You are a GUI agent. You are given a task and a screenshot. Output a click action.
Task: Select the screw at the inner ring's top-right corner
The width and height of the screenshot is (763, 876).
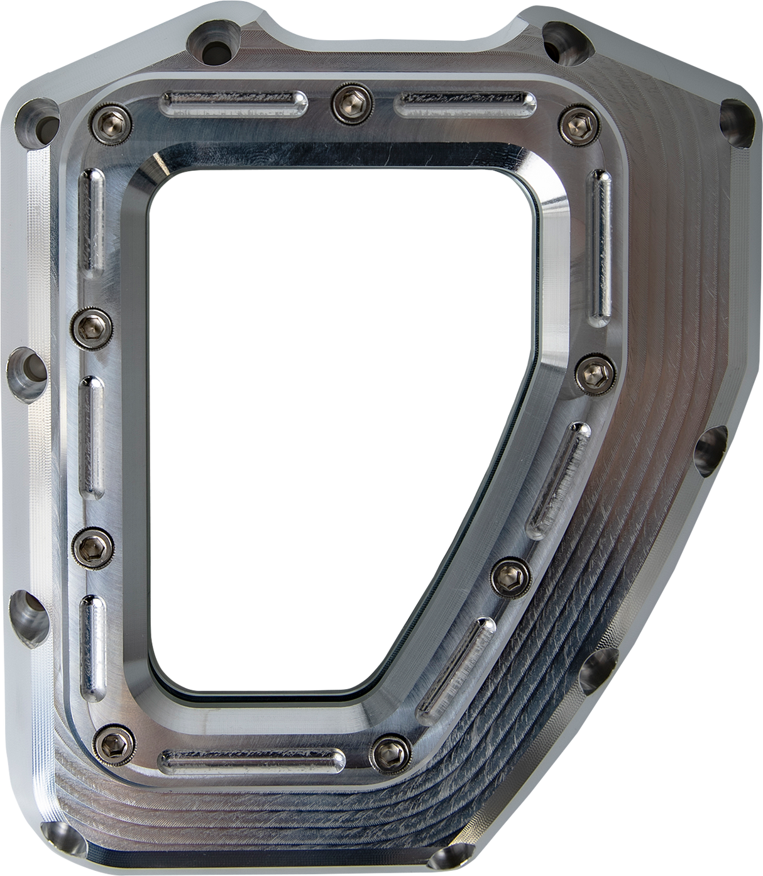click(x=572, y=119)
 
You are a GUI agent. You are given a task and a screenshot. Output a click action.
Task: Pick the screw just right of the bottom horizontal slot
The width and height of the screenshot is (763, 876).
click(x=386, y=750)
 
